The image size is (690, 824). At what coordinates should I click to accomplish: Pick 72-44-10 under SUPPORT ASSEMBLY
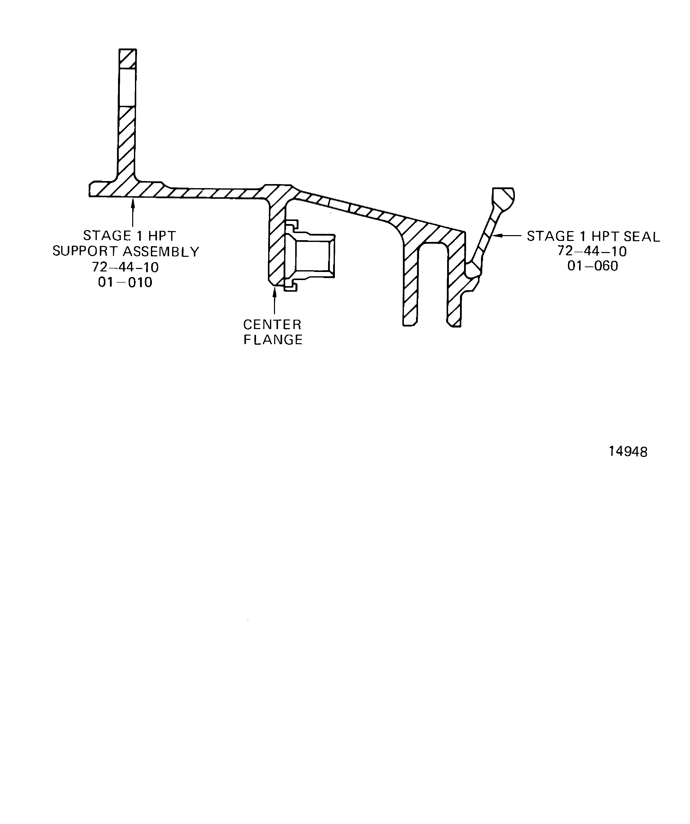pos(125,267)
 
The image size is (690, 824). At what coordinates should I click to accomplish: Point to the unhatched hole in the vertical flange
pos(127,87)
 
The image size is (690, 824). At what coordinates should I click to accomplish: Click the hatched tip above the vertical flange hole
pos(128,59)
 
